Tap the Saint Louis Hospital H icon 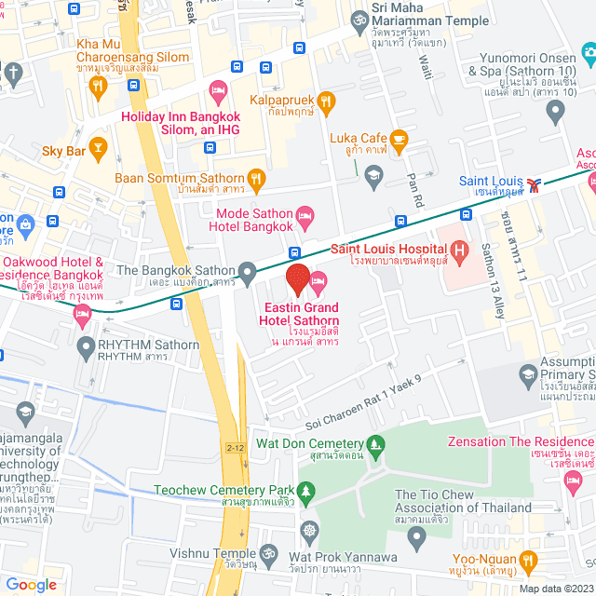(x=458, y=250)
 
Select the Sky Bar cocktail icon (x=99, y=149)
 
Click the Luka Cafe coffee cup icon (x=399, y=142)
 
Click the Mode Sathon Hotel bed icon (x=304, y=218)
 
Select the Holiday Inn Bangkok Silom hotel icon (x=220, y=93)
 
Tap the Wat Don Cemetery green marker (x=375, y=443)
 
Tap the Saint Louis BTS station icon (x=533, y=183)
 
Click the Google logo (x=31, y=584)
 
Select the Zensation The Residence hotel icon (x=572, y=480)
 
